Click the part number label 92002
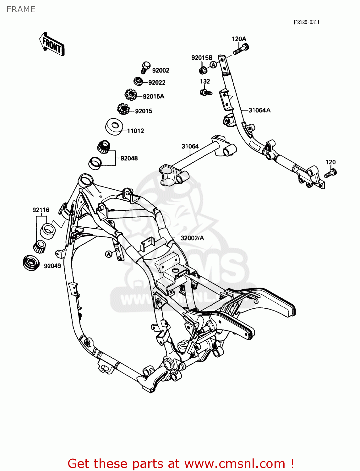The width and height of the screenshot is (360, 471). click(x=161, y=70)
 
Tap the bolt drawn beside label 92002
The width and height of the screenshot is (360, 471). click(x=145, y=67)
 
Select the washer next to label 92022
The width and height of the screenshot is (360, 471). click(x=138, y=81)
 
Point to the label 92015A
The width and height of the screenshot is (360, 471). click(x=153, y=96)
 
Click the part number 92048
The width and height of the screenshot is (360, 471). click(x=129, y=158)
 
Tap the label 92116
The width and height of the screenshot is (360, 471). click(x=41, y=210)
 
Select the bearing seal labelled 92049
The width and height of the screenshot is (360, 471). click(x=31, y=262)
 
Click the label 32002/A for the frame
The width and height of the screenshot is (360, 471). click(x=192, y=238)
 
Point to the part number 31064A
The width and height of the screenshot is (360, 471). click(x=259, y=110)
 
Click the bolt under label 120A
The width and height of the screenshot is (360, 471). click(x=241, y=49)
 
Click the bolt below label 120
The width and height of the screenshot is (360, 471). click(x=330, y=173)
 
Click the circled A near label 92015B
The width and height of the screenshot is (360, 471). click(x=213, y=65)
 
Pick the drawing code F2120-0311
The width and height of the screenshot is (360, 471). click(x=306, y=22)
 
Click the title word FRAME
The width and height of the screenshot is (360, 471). click(x=21, y=9)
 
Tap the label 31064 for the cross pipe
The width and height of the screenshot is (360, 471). click(x=190, y=146)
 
